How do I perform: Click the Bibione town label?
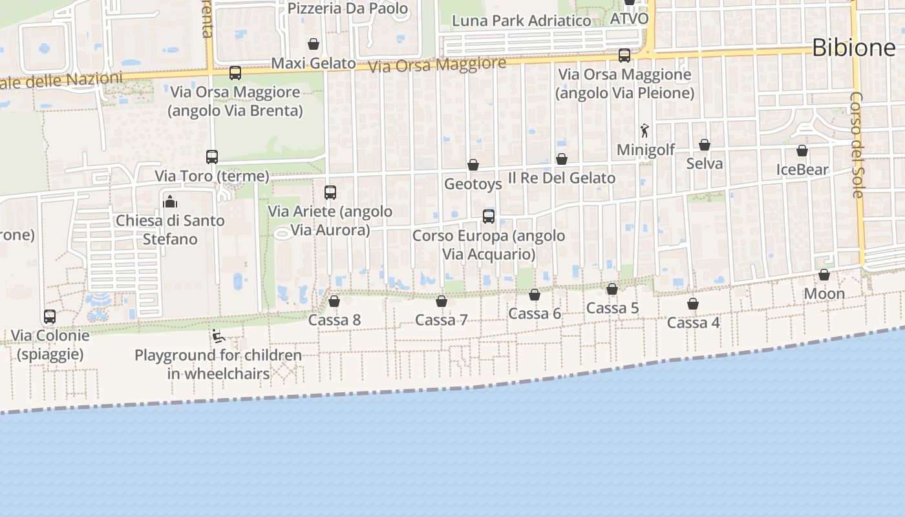(853, 47)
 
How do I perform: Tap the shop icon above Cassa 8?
(334, 301)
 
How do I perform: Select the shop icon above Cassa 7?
(442, 301)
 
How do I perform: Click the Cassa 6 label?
(535, 314)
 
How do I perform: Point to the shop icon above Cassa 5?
(612, 289)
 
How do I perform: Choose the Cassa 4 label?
(693, 322)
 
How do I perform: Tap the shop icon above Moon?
(824, 275)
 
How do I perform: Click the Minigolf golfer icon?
(644, 131)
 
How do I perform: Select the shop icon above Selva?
(705, 145)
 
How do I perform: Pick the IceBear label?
(802, 169)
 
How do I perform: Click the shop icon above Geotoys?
(473, 165)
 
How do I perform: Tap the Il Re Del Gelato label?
(561, 178)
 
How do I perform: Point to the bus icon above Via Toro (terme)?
(212, 156)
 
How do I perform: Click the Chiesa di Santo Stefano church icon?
(170, 202)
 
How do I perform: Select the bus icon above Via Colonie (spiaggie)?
(50, 317)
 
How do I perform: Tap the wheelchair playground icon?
(218, 336)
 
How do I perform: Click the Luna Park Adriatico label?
(521, 21)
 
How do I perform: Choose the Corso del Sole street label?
(857, 145)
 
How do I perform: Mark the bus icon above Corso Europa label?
(489, 216)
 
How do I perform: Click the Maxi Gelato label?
(314, 63)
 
